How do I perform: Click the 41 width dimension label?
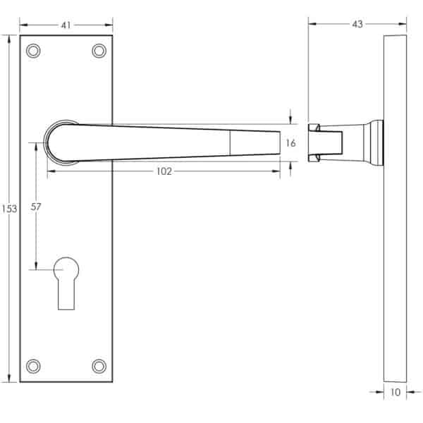point(66,25)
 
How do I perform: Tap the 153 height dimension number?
point(9,209)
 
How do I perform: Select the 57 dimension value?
point(36,207)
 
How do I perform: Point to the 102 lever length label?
point(164,171)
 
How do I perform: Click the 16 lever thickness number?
point(290,143)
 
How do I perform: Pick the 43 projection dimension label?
point(357,24)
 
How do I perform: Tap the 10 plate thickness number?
point(396,392)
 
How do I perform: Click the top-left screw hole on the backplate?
point(33,51)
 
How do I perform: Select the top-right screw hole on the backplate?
point(99,51)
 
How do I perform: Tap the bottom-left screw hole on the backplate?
point(33,366)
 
